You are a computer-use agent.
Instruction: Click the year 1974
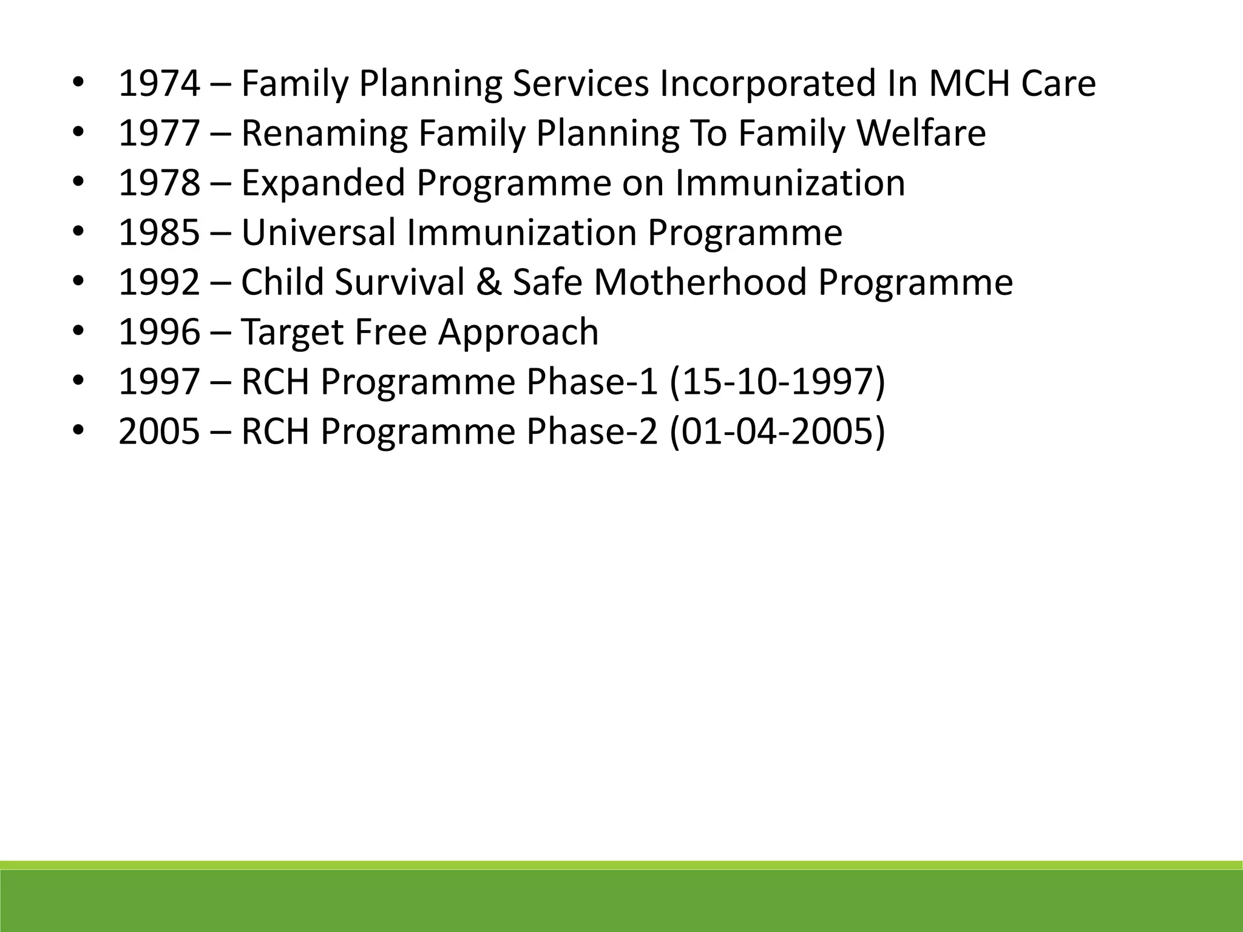159,84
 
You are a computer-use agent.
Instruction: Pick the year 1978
159,183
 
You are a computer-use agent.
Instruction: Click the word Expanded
323,183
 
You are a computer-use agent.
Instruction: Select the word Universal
319,233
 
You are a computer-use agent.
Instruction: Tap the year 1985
159,233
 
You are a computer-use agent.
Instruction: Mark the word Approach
518,333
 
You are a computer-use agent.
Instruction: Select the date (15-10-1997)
777,382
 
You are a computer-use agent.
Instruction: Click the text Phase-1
592,382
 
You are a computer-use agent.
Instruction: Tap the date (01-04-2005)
777,432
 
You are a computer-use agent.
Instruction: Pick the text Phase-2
592,432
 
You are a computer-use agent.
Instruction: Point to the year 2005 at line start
159,432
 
